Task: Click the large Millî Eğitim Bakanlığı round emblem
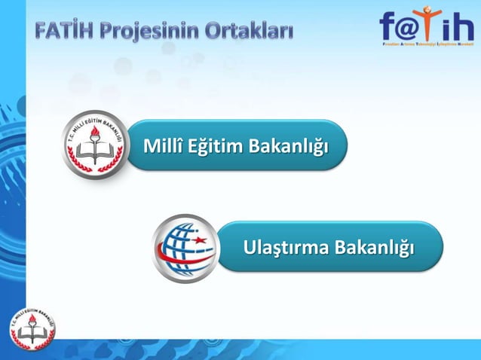[x=93, y=145]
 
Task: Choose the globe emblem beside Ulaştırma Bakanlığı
[x=185, y=248]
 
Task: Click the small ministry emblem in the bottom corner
[x=32, y=328]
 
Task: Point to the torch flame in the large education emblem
[x=94, y=132]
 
